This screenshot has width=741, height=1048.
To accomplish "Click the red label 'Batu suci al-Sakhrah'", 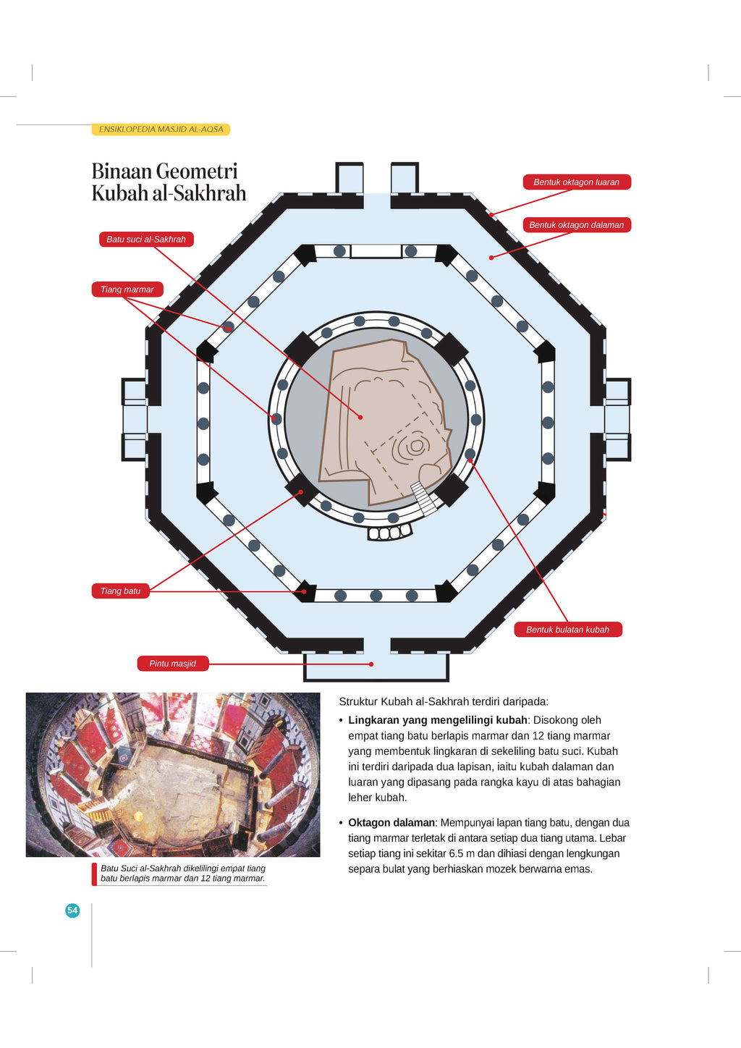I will tap(146, 240).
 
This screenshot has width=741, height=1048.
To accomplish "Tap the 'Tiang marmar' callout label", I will tap(127, 290).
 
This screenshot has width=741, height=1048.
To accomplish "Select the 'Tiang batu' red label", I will tap(121, 591).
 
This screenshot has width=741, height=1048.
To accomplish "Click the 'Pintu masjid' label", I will tap(173, 664).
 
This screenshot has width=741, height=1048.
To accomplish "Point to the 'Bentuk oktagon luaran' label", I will tap(577, 182).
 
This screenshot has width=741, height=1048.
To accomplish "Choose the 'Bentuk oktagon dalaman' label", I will tap(577, 225).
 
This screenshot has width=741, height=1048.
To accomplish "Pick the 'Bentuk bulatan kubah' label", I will tap(568, 630).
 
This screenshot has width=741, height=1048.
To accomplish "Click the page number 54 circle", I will tap(72, 910).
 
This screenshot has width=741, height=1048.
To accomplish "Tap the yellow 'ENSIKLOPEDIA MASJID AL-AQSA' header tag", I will tap(161, 130).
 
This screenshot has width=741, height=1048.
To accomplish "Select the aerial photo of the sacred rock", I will tap(173, 774).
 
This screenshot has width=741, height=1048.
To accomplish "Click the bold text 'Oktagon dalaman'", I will tap(391, 823).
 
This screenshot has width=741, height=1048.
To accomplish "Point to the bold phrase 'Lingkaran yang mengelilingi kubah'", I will tap(438, 720).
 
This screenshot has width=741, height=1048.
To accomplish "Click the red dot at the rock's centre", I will tap(360, 417).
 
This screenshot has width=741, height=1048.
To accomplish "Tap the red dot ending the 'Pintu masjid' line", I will tap(371, 664).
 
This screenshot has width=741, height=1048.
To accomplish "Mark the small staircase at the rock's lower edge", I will tap(425, 498).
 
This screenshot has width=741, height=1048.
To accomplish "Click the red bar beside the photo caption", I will tap(95, 874).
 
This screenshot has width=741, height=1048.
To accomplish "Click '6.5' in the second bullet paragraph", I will tap(456, 853).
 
